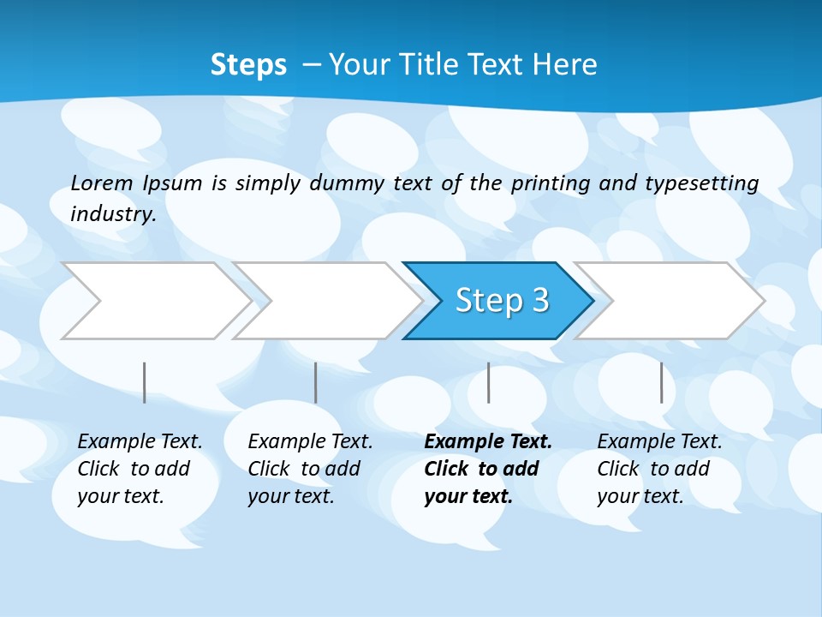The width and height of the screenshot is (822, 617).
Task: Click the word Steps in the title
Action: coord(248,65)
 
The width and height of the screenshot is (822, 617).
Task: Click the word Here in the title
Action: coord(564,65)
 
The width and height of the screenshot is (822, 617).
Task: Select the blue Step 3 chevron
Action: coord(498,301)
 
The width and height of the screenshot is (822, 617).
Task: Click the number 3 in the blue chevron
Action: coord(539,300)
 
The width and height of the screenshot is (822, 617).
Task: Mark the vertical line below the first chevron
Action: coord(145,382)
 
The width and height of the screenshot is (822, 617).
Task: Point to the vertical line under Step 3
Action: coord(488,382)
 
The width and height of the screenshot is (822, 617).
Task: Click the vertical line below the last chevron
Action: coord(661,382)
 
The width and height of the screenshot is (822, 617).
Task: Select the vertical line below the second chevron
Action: coord(316,382)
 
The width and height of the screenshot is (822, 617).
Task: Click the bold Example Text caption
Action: coord(488,442)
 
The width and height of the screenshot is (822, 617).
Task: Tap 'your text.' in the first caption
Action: coord(120,496)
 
